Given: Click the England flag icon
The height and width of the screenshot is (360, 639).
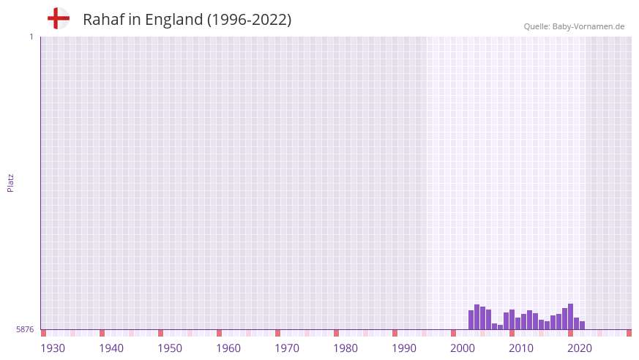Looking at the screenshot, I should [x=59, y=19].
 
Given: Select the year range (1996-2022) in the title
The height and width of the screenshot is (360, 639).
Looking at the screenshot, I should [x=249, y=20].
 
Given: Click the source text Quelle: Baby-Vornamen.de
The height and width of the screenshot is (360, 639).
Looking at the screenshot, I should [x=574, y=26].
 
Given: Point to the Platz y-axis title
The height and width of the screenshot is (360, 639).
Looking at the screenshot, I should [x=10, y=183].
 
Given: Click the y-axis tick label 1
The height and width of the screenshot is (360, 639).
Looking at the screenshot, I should [x=31, y=37].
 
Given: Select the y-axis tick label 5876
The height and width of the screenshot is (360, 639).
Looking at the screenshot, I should [x=25, y=330].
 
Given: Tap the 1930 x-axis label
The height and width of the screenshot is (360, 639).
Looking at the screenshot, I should [x=53, y=348].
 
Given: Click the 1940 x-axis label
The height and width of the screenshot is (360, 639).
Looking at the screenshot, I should [x=111, y=348].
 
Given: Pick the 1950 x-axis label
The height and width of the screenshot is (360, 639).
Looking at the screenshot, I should [x=170, y=348].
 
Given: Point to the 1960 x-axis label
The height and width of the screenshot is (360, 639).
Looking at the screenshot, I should [x=228, y=348].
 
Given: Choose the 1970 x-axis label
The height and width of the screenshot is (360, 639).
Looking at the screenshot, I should [x=287, y=348].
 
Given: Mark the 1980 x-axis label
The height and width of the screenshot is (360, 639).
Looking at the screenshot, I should [x=345, y=348].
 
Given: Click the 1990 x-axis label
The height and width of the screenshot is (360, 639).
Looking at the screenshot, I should [x=404, y=348].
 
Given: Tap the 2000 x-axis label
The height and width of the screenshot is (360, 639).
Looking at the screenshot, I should [x=463, y=348].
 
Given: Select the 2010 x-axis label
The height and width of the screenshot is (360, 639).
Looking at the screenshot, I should [x=521, y=348].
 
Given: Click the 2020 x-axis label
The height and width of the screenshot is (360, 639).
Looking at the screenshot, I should [x=580, y=348].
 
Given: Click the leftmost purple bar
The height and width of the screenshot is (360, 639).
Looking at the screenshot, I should [x=471, y=320].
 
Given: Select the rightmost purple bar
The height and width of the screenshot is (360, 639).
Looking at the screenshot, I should [x=583, y=326].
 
